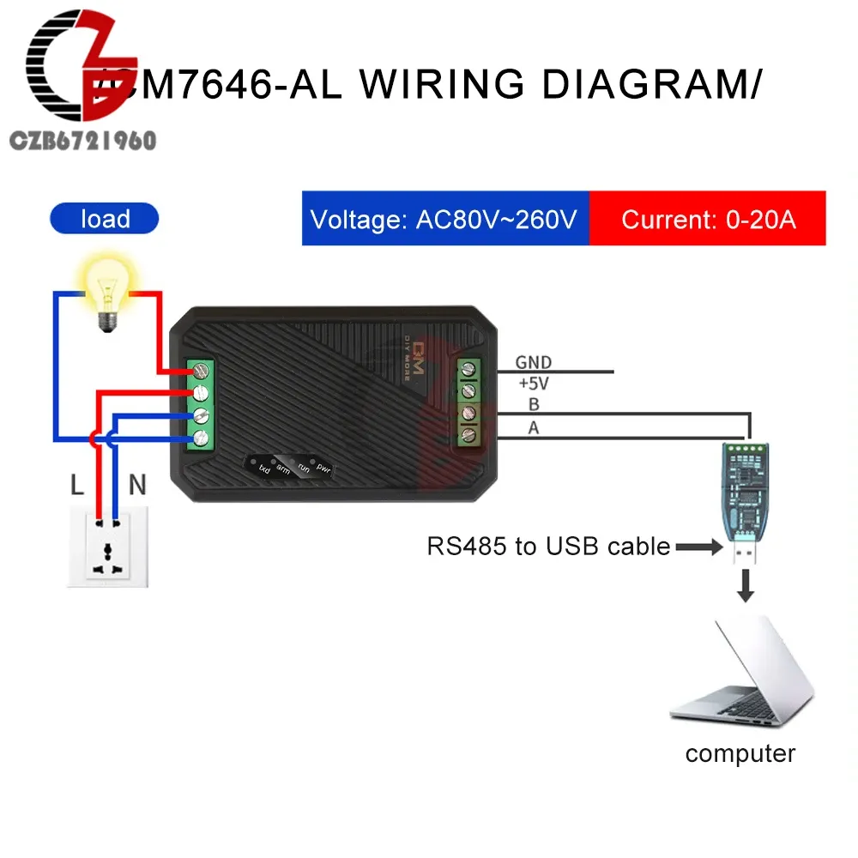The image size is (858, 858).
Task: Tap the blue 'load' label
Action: (x=105, y=219)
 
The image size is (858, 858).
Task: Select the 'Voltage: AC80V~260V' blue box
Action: (x=444, y=220)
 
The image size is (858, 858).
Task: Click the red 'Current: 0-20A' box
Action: (x=708, y=220)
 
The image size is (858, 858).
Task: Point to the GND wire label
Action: (x=533, y=363)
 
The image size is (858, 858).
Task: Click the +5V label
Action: (x=533, y=384)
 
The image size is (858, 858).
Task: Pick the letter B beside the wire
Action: (x=534, y=405)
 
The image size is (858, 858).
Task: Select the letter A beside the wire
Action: (x=533, y=427)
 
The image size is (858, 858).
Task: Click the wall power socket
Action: (x=108, y=545)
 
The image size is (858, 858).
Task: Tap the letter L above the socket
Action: (x=77, y=486)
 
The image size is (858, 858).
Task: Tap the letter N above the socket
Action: (x=136, y=486)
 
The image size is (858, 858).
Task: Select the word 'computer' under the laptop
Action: (x=740, y=753)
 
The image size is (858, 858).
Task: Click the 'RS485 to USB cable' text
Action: (x=548, y=546)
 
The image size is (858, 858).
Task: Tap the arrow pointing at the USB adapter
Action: (x=698, y=546)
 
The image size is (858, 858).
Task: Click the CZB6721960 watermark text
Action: (x=82, y=141)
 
